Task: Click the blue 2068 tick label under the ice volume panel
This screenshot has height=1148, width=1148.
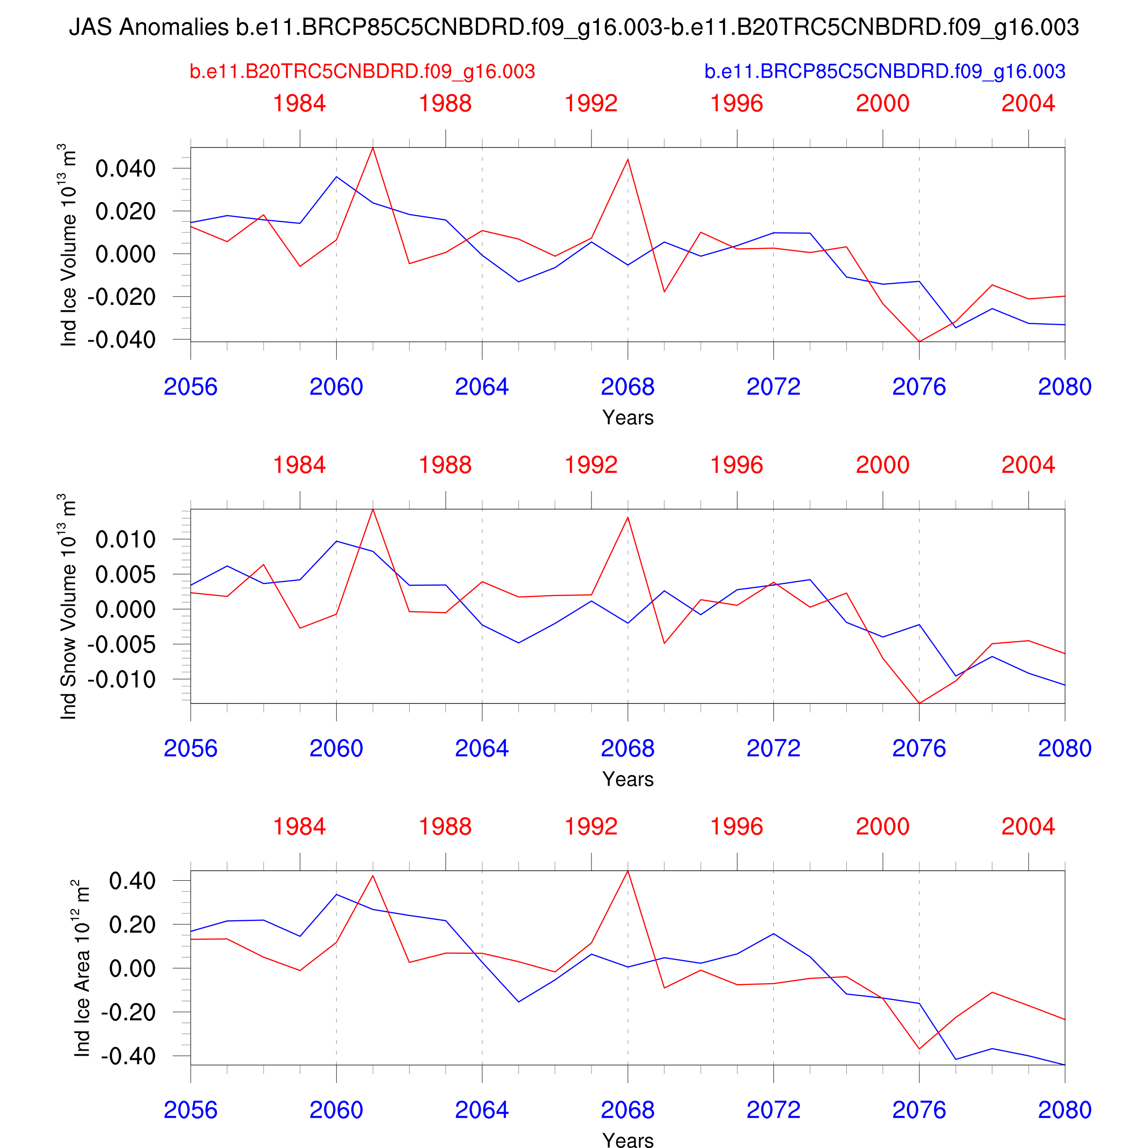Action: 627,387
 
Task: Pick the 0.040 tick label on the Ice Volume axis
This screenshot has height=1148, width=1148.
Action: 125,168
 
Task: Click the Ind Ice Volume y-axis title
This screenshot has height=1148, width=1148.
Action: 69,245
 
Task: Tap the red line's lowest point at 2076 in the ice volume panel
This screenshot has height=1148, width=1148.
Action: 919,342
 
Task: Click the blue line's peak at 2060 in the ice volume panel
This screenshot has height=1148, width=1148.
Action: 336,176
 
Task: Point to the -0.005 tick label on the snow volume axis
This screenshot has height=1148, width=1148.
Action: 121,644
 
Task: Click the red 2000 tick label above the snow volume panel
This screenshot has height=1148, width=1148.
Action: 883,465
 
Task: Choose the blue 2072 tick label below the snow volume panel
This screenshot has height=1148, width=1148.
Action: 773,748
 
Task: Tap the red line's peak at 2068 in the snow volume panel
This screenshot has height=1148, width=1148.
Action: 627,517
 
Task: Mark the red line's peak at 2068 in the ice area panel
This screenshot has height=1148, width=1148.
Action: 627,871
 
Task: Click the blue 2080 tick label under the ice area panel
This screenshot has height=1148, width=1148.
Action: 1064,1109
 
